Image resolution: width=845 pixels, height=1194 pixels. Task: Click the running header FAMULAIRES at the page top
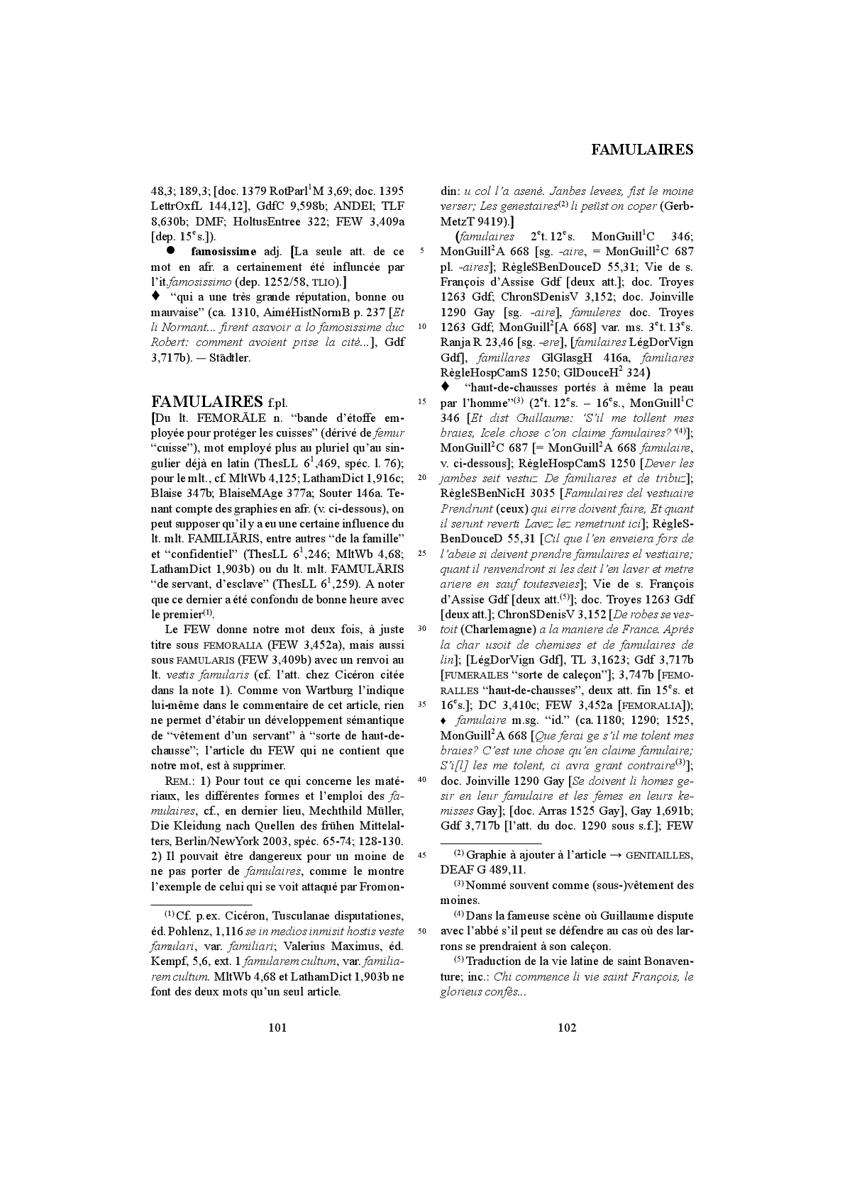641,150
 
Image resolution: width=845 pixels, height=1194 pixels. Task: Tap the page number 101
277,1027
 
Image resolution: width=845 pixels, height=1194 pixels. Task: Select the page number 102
567,1027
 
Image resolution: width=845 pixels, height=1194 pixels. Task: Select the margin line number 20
422,477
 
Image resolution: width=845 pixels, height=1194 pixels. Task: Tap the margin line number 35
422,705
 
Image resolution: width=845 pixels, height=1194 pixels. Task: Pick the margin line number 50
422,931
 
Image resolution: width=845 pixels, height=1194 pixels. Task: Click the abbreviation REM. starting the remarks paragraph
177,781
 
